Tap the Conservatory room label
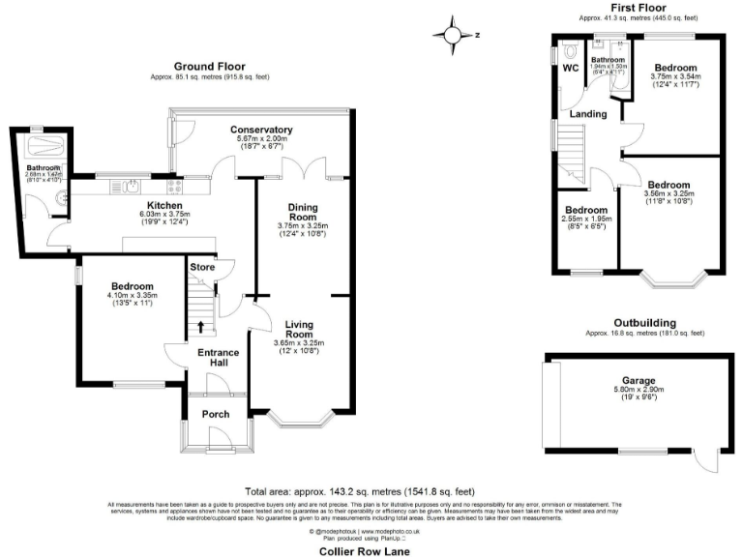(x=261, y=130)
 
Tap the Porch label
(x=215, y=415)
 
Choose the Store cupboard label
(x=202, y=266)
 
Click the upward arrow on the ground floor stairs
(x=201, y=326)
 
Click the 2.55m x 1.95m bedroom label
(x=586, y=210)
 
